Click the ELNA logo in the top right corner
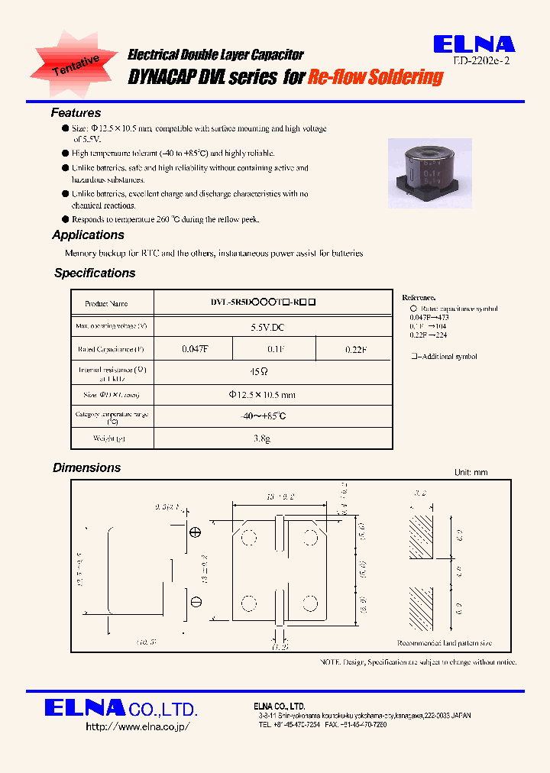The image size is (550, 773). [474, 45]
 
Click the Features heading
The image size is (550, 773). [76, 113]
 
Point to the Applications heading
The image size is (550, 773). [88, 235]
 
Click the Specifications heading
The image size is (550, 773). [95, 273]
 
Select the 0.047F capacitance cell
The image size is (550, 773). [196, 349]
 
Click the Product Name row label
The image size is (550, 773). [106, 303]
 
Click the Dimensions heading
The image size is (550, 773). [86, 467]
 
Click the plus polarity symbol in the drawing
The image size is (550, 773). [195, 532]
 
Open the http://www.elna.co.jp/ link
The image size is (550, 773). [137, 726]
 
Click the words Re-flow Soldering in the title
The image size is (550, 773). [376, 77]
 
